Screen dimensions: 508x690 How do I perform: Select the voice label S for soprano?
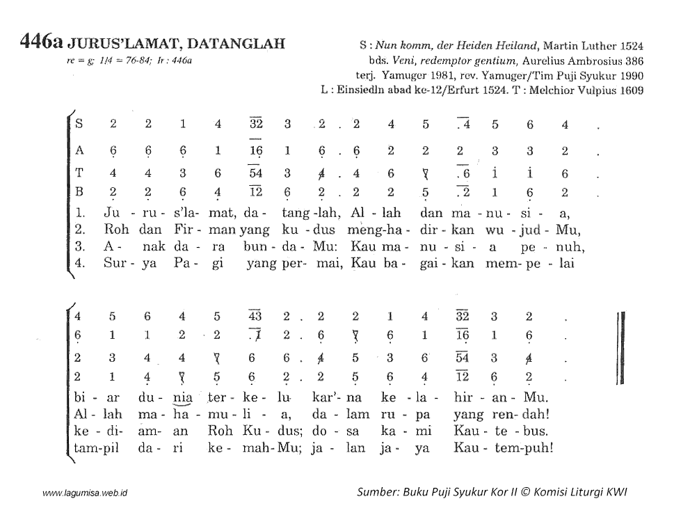click(x=79, y=125)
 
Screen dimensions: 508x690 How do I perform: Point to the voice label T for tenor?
click(x=79, y=174)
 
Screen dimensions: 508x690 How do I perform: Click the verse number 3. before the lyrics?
click(x=79, y=246)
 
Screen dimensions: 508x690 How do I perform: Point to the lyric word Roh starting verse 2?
click(x=113, y=228)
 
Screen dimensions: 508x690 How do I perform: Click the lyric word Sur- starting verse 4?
click(x=115, y=264)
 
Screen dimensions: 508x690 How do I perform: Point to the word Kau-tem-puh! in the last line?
click(x=504, y=447)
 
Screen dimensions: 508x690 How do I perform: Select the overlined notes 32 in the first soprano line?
click(x=255, y=125)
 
